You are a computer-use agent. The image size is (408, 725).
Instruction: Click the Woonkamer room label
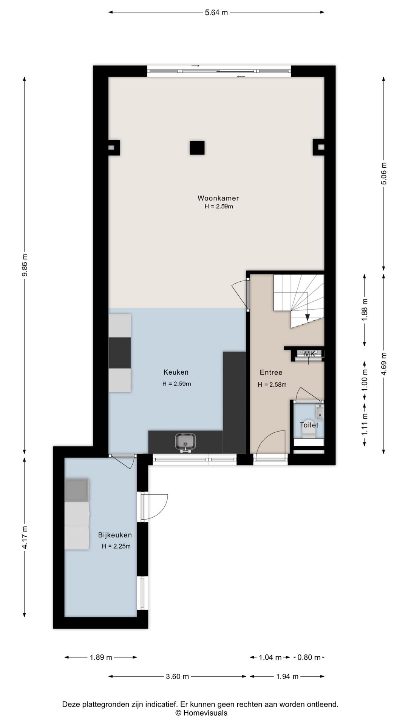[218, 198]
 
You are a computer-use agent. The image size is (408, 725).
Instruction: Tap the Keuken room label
[176, 372]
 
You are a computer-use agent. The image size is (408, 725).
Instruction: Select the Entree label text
[271, 372]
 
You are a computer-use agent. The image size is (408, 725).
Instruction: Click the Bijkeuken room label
[115, 535]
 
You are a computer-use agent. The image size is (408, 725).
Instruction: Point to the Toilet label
[309, 425]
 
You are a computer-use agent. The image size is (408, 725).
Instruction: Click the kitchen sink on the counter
[185, 442]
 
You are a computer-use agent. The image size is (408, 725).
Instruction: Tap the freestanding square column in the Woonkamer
[197, 148]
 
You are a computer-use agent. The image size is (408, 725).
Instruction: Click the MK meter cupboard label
[309, 354]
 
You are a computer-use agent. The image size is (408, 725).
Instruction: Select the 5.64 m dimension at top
[216, 12]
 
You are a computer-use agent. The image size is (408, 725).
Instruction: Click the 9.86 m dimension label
[25, 265]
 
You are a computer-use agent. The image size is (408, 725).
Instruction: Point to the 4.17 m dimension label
[25, 537]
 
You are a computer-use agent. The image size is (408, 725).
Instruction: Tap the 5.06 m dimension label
[384, 173]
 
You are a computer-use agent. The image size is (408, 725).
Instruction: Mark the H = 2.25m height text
[116, 546]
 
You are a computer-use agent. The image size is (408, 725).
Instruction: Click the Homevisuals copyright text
[201, 713]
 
